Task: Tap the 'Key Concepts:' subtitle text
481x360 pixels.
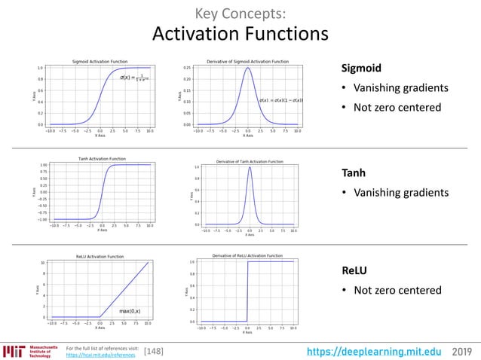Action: [240, 13]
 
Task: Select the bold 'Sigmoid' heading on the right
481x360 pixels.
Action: [362, 69]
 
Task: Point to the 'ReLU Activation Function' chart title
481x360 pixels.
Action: [100, 257]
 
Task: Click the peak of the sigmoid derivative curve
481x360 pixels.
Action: [247, 69]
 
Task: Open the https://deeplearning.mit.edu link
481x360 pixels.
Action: [385, 350]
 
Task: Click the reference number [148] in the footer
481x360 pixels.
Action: [153, 350]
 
